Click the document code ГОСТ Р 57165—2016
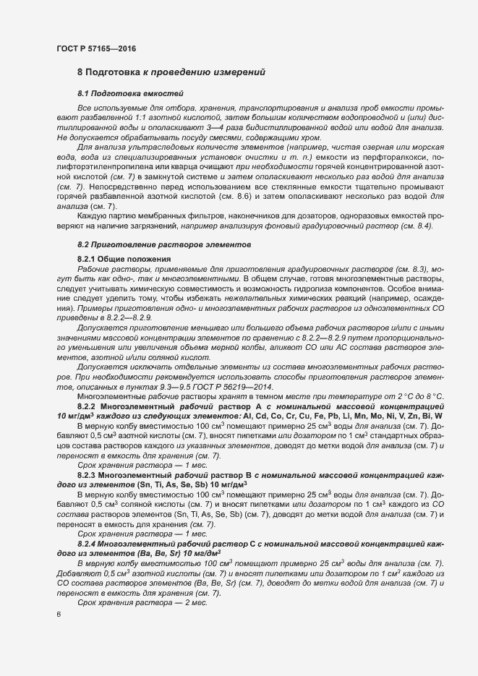click(95, 48)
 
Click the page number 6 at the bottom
click(59, 615)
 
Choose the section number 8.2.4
click(90, 542)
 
